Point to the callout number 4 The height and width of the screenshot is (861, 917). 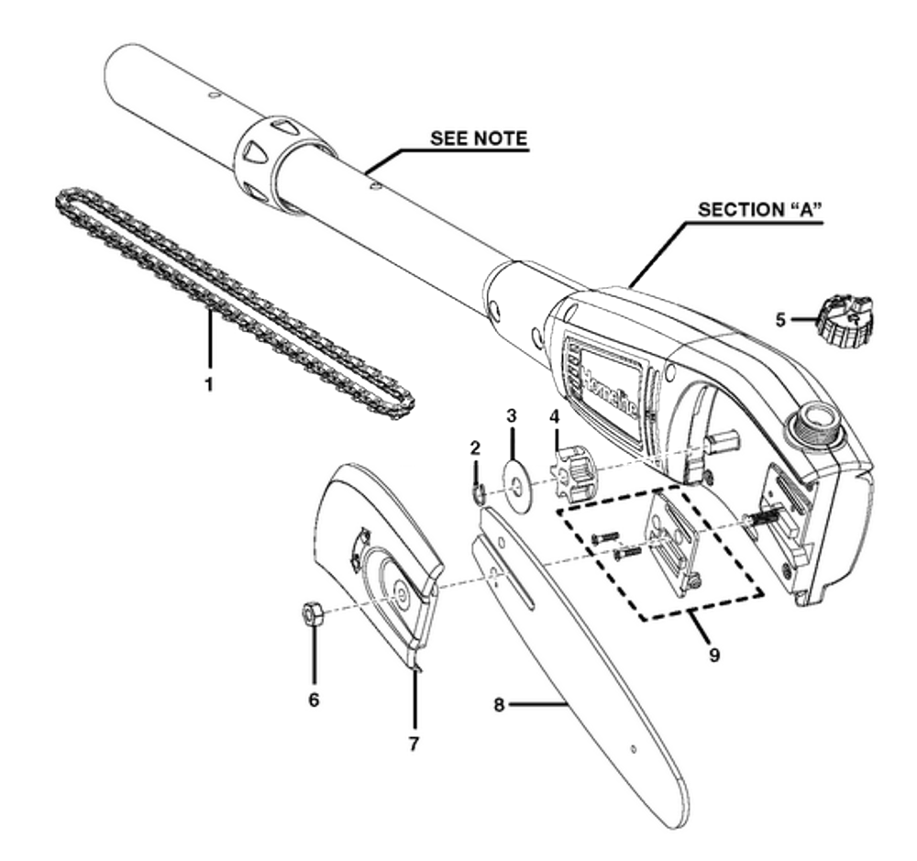tap(553, 416)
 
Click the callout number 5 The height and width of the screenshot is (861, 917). tap(780, 321)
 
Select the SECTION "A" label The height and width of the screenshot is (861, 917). tap(759, 209)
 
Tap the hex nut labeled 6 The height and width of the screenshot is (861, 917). tap(311, 613)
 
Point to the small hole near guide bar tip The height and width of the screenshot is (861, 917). tap(631, 750)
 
